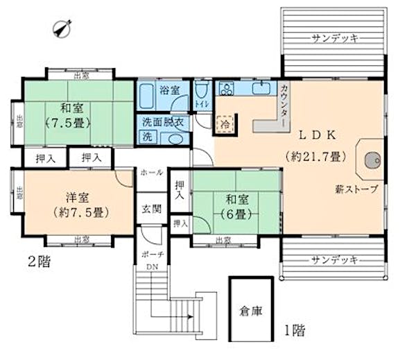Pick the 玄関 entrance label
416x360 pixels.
point(152,207)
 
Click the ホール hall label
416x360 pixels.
point(152,172)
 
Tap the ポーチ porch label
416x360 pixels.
point(151,254)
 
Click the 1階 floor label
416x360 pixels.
point(293,330)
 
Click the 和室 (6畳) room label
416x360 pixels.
point(236,207)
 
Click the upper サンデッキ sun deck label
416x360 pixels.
point(335,38)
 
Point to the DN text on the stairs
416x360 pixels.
point(150,266)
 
